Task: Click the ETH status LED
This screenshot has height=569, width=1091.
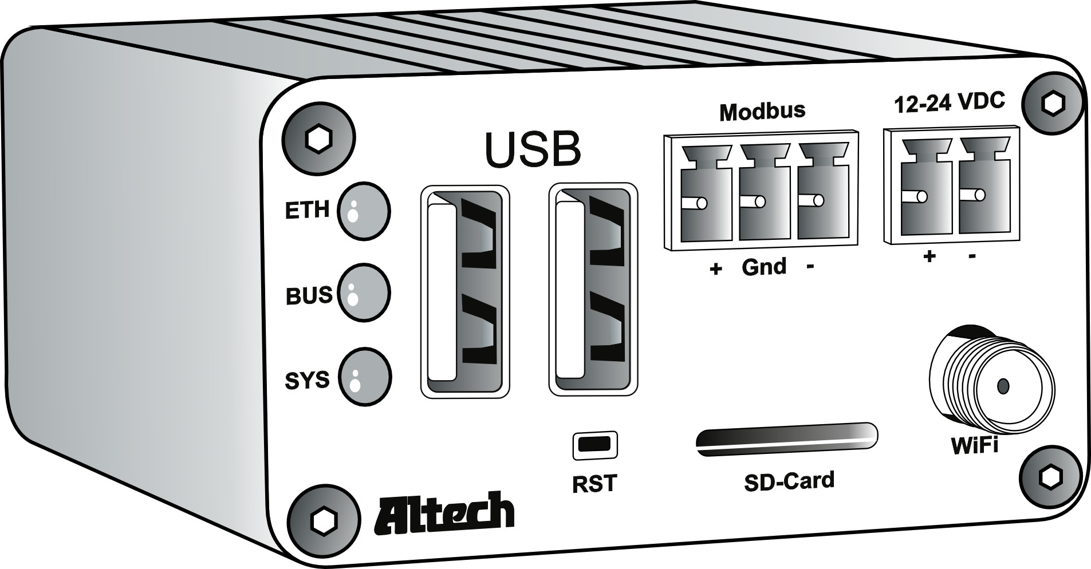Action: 364,211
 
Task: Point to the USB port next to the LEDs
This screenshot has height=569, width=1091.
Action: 464,291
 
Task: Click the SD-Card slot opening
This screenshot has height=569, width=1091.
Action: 786,439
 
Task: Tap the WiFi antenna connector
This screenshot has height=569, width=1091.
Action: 991,385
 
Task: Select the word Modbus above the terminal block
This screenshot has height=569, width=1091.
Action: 762,110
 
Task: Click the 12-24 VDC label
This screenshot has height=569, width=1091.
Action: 949,102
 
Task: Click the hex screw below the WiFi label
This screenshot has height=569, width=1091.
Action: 1050,477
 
